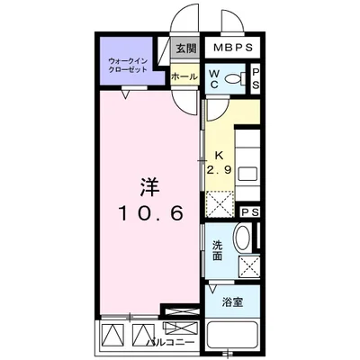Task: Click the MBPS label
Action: tap(233, 48)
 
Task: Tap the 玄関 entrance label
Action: tap(185, 49)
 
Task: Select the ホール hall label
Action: tap(184, 76)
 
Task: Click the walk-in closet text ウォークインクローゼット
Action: tap(128, 65)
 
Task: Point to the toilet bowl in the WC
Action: tap(235, 79)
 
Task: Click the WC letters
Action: tap(214, 79)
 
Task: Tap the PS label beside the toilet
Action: tap(256, 78)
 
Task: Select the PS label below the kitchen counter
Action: tap(250, 212)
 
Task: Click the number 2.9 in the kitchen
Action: tap(220, 170)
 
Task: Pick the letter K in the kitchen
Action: tap(220, 155)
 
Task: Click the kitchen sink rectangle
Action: tap(247, 174)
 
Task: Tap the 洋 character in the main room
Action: tap(149, 187)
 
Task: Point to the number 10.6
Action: tap(151, 213)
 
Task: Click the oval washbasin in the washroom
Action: tap(243, 237)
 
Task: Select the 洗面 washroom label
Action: tap(218, 250)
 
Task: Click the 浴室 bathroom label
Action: tap(232, 302)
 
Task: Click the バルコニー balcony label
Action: tap(170, 342)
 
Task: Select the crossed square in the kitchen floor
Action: tap(220, 203)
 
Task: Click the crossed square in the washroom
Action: tap(249, 265)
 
